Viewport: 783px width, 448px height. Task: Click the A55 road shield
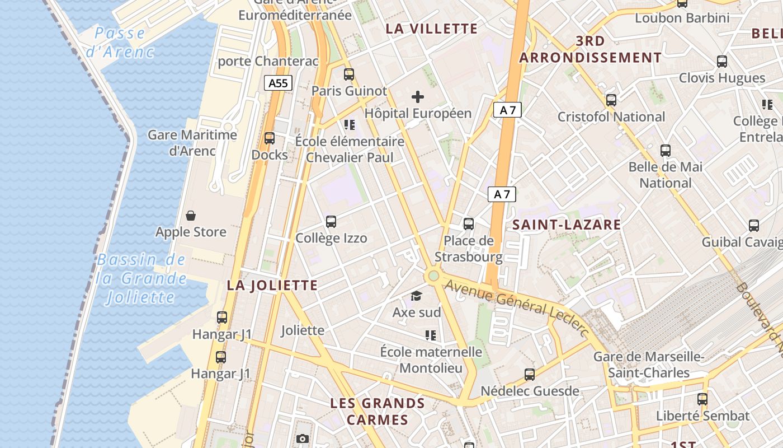tap(278, 83)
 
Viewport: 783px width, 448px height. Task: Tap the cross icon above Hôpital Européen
tap(417, 97)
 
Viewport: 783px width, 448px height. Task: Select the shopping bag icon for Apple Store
tap(191, 216)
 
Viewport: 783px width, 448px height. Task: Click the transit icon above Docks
tap(270, 138)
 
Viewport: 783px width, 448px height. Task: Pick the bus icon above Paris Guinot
tap(349, 74)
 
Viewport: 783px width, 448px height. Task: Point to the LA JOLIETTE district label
tap(272, 286)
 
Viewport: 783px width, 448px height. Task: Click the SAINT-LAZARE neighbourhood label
tap(567, 225)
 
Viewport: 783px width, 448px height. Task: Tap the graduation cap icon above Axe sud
tap(416, 296)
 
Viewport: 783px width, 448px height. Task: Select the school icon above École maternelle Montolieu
tap(430, 335)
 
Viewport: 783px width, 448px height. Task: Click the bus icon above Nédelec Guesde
tap(530, 375)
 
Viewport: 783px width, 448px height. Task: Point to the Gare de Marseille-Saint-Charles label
tap(649, 365)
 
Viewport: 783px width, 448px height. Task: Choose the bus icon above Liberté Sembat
tap(702, 399)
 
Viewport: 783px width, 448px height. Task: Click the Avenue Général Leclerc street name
tap(517, 309)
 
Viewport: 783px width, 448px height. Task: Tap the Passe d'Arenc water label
tap(120, 43)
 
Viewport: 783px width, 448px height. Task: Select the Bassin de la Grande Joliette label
tap(140, 278)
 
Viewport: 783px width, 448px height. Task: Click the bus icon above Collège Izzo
tap(331, 222)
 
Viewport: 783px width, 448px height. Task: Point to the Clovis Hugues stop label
tap(722, 78)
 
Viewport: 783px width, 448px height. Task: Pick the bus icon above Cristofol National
tap(611, 100)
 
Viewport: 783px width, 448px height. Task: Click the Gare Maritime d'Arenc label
tap(192, 143)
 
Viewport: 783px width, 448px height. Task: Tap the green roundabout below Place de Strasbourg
tap(432, 276)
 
